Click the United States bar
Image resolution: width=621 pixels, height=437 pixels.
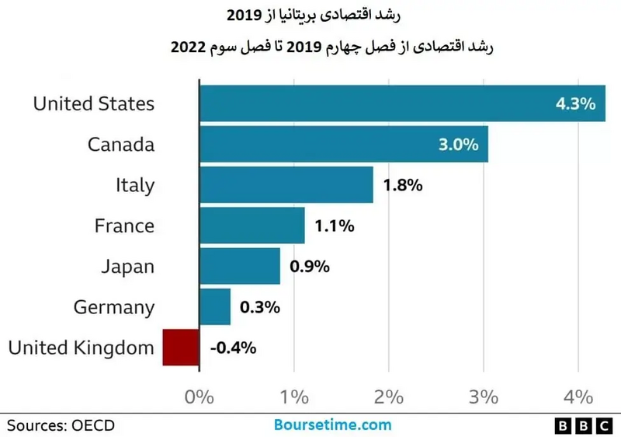click(402, 103)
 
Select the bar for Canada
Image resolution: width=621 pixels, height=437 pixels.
click(344, 145)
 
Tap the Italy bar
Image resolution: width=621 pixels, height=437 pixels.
click(286, 185)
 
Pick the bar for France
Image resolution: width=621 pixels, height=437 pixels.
click(252, 226)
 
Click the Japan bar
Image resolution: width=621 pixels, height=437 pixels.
click(240, 267)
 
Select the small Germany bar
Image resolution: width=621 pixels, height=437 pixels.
click(215, 307)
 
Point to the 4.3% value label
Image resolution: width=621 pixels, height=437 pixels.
click(575, 103)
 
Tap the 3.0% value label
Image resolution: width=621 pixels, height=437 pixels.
click(459, 145)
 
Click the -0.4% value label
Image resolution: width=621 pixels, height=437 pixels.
click(233, 348)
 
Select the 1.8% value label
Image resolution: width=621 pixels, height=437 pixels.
click(402, 186)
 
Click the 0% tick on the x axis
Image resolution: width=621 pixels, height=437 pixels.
click(199, 397)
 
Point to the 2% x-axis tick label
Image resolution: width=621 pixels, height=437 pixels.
click(389, 397)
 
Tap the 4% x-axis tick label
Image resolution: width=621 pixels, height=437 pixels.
click(578, 397)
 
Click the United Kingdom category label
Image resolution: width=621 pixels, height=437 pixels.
click(81, 348)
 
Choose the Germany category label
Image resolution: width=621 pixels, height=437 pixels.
click(114, 307)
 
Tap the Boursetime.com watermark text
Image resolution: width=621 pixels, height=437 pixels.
click(332, 425)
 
